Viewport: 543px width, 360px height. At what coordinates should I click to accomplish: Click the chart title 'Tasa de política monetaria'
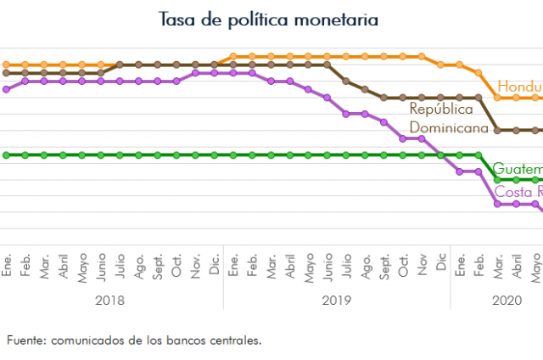268,19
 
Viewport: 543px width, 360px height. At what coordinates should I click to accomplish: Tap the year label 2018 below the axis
110,300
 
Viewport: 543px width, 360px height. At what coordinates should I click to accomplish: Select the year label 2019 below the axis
337,300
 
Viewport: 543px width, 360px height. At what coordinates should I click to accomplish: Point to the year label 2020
507,300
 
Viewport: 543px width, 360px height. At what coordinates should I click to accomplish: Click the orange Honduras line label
519,87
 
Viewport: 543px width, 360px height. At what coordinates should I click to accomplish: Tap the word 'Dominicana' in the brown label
449,129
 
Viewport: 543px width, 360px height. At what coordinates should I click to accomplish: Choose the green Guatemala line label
517,168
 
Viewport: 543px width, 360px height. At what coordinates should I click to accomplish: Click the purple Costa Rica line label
518,191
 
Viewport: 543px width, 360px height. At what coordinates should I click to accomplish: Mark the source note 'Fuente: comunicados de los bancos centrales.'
134,340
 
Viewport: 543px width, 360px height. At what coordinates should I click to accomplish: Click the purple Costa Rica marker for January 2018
7,89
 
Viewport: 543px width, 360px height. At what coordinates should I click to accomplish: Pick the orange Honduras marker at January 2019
233,57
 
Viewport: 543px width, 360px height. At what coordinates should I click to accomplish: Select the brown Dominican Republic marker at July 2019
346,81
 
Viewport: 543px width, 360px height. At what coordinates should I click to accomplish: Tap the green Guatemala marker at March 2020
498,180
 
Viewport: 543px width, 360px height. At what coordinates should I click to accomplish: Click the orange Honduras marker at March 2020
498,98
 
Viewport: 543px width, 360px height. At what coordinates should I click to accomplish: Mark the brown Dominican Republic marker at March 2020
498,131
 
